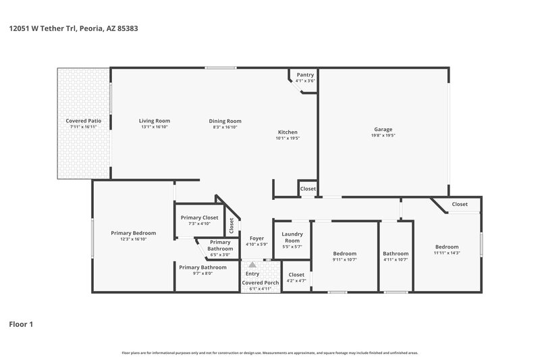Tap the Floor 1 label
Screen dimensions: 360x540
click(x=20, y=324)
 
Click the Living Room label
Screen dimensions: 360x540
click(x=154, y=121)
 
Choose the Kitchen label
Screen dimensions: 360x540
click(x=288, y=132)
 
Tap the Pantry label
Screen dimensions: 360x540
click(x=305, y=75)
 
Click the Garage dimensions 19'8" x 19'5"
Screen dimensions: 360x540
click(x=383, y=135)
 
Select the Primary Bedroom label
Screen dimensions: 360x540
click(x=133, y=233)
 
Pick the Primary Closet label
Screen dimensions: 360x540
click(x=200, y=217)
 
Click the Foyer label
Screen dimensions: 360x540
click(x=256, y=238)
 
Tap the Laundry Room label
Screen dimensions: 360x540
click(x=292, y=237)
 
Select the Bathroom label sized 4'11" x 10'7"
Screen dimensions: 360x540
click(x=396, y=254)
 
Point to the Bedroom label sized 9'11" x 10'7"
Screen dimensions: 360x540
click(x=344, y=254)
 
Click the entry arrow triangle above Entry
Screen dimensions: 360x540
click(x=252, y=265)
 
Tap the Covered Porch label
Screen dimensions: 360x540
click(x=260, y=283)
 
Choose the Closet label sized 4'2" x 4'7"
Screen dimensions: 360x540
click(x=296, y=275)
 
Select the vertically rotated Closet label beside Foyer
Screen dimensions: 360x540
click(x=231, y=224)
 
